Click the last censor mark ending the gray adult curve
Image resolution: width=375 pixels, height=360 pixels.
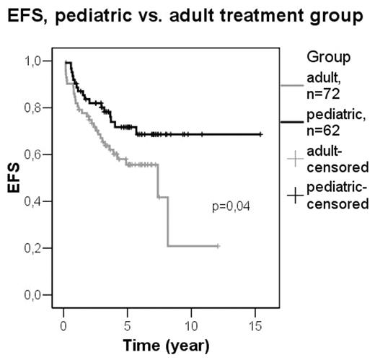(217, 246)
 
